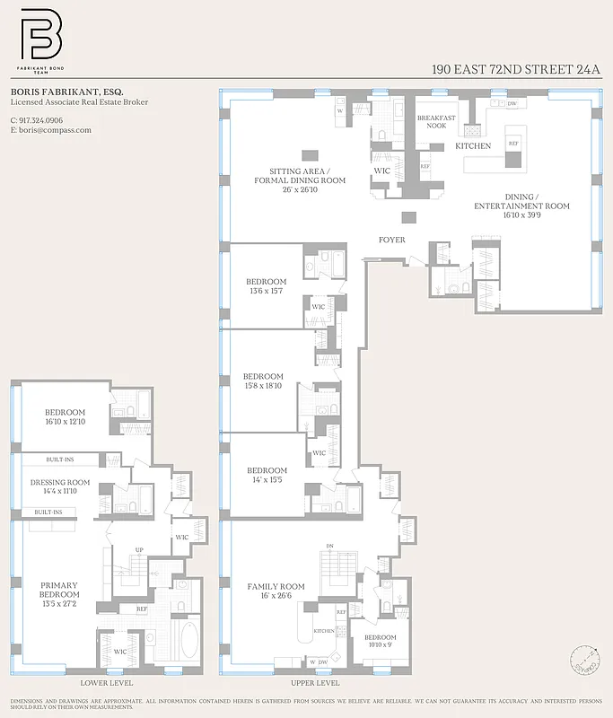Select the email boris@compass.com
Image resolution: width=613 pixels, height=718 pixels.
(54, 130)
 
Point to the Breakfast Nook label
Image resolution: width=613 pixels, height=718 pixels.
(436, 121)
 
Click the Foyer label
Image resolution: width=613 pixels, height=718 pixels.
(391, 240)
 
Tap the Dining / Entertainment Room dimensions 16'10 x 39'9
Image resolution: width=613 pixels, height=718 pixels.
(522, 215)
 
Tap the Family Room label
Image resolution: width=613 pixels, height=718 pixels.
(276, 591)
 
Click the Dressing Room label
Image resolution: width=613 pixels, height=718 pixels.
(60, 486)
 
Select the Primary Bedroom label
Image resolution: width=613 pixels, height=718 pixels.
(59, 594)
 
